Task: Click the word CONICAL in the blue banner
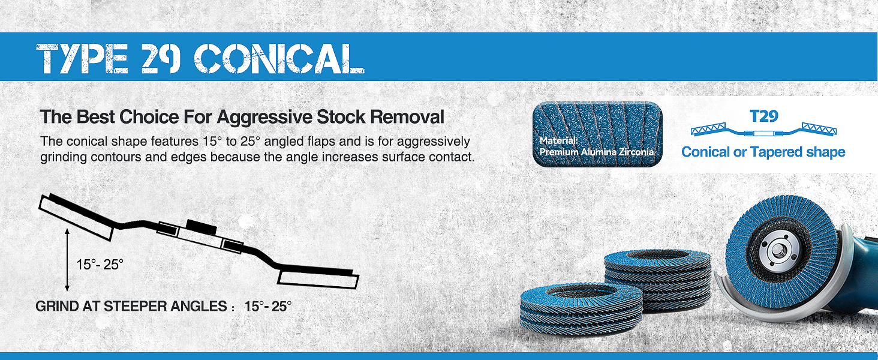click(279, 58)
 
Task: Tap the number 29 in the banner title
click(160, 58)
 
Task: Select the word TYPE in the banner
click(82, 58)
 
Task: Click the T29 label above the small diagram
click(763, 116)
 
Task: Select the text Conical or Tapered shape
click(763, 152)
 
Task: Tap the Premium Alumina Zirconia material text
click(596, 152)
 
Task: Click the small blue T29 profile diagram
click(763, 130)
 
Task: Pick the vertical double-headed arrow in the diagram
click(67, 260)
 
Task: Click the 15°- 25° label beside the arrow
click(100, 265)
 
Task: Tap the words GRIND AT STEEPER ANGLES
click(131, 306)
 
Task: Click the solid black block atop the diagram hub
click(201, 226)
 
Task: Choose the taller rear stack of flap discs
click(659, 278)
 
